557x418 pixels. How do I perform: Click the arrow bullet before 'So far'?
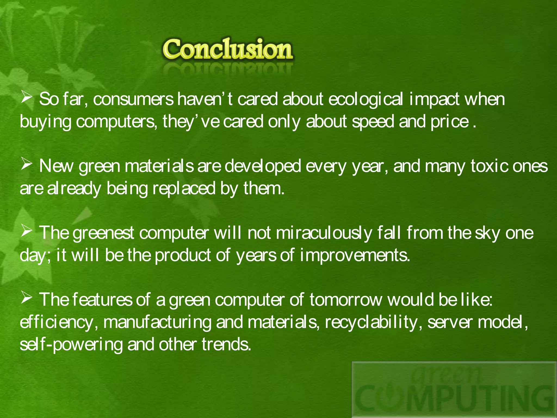[26, 97]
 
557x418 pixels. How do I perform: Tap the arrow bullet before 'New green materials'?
[26, 164]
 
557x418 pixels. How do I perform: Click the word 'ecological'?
[365, 99]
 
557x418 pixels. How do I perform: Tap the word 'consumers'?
[133, 99]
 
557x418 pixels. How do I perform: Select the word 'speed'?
[373, 122]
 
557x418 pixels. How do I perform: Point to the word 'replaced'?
[184, 189]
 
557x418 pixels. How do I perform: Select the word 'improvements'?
[355, 256]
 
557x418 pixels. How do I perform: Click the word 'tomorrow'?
[346, 300]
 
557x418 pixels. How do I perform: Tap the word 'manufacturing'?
[157, 322]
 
